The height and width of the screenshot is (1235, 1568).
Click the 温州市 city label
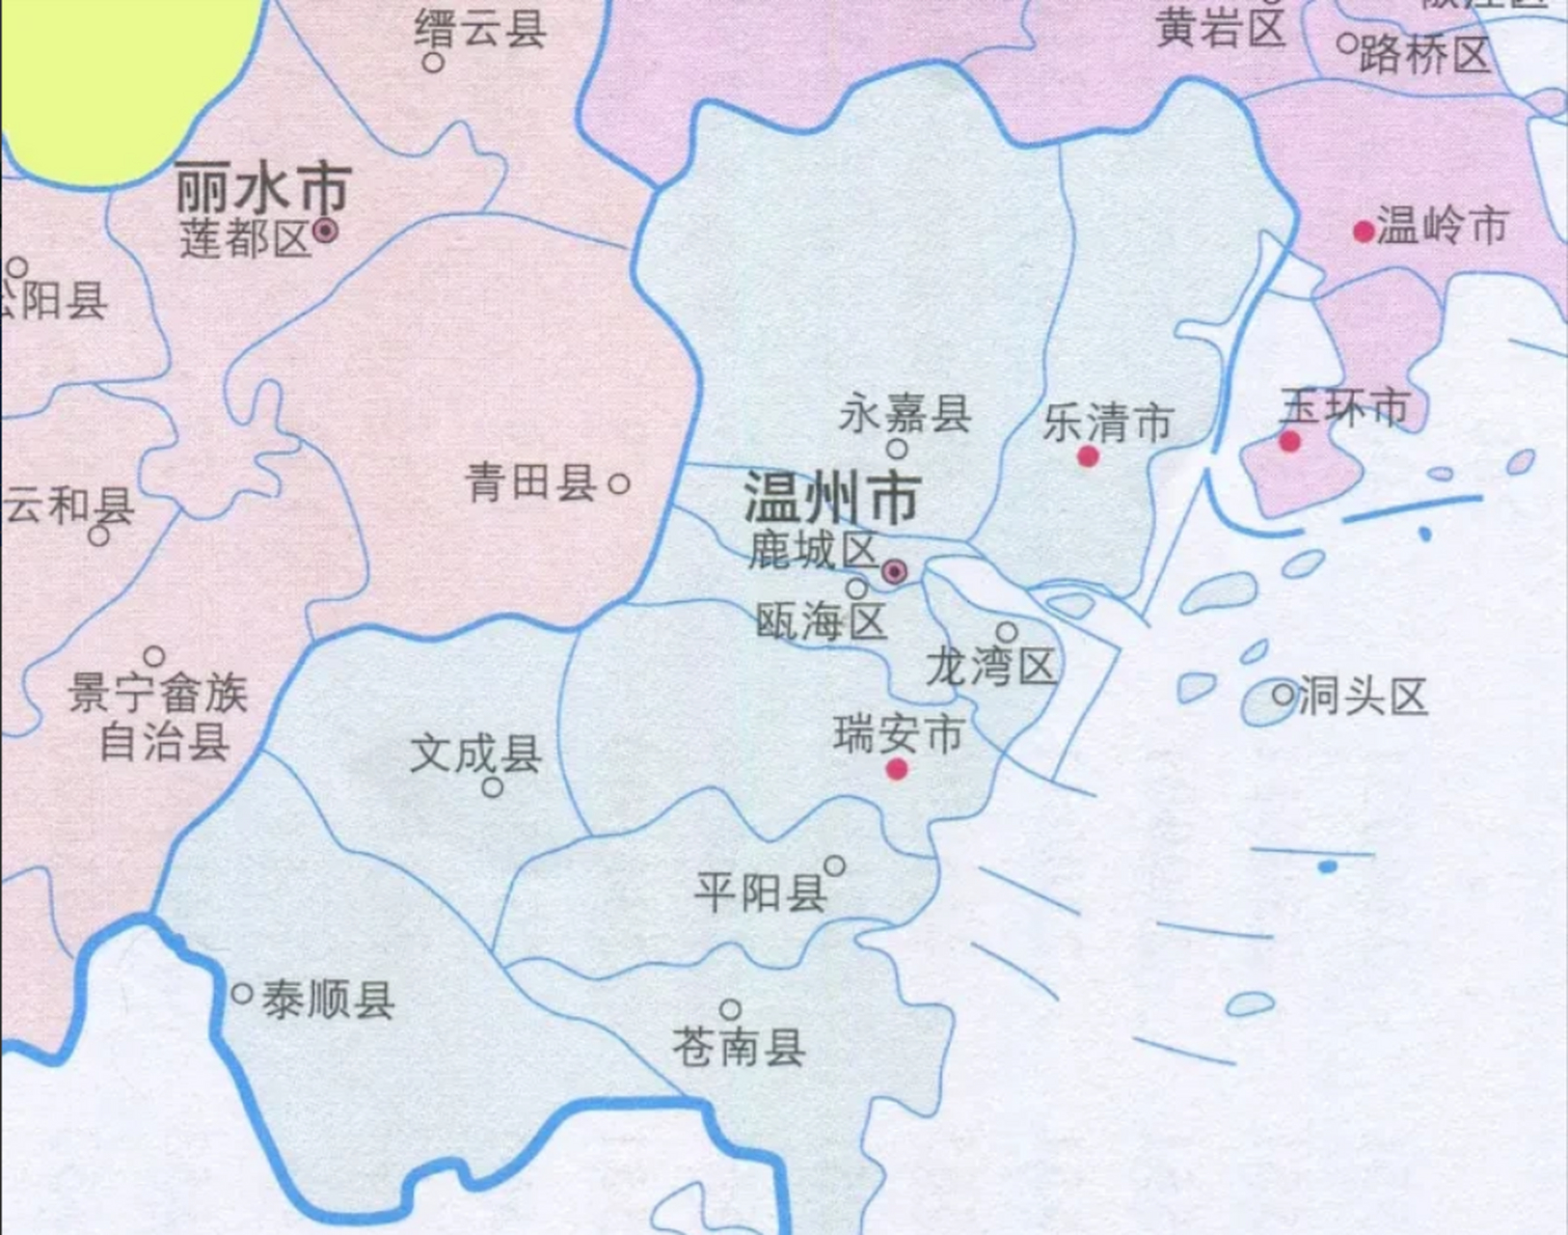point(830,499)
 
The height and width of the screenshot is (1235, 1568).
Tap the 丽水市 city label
point(262,189)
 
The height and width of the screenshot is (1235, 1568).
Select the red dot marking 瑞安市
point(897,769)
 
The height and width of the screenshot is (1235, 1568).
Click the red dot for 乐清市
point(1088,456)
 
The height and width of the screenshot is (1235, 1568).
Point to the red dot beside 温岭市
point(1364,232)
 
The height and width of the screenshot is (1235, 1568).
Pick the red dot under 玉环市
point(1289,442)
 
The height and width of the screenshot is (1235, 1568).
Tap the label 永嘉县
point(905,415)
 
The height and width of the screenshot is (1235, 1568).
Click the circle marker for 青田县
point(619,483)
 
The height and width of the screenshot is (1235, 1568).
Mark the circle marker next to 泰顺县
point(242,993)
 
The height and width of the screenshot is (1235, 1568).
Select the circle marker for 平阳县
point(835,865)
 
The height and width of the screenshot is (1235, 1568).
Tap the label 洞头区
point(1363,696)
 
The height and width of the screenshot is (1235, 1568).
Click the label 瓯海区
point(821,622)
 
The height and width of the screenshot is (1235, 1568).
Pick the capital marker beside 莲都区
point(326,231)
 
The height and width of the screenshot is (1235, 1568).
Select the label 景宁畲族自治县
point(159,717)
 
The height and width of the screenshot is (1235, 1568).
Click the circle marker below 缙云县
point(434,63)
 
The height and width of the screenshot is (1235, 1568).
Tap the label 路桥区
point(1425,55)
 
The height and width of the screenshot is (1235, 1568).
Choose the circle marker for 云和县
point(98,535)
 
